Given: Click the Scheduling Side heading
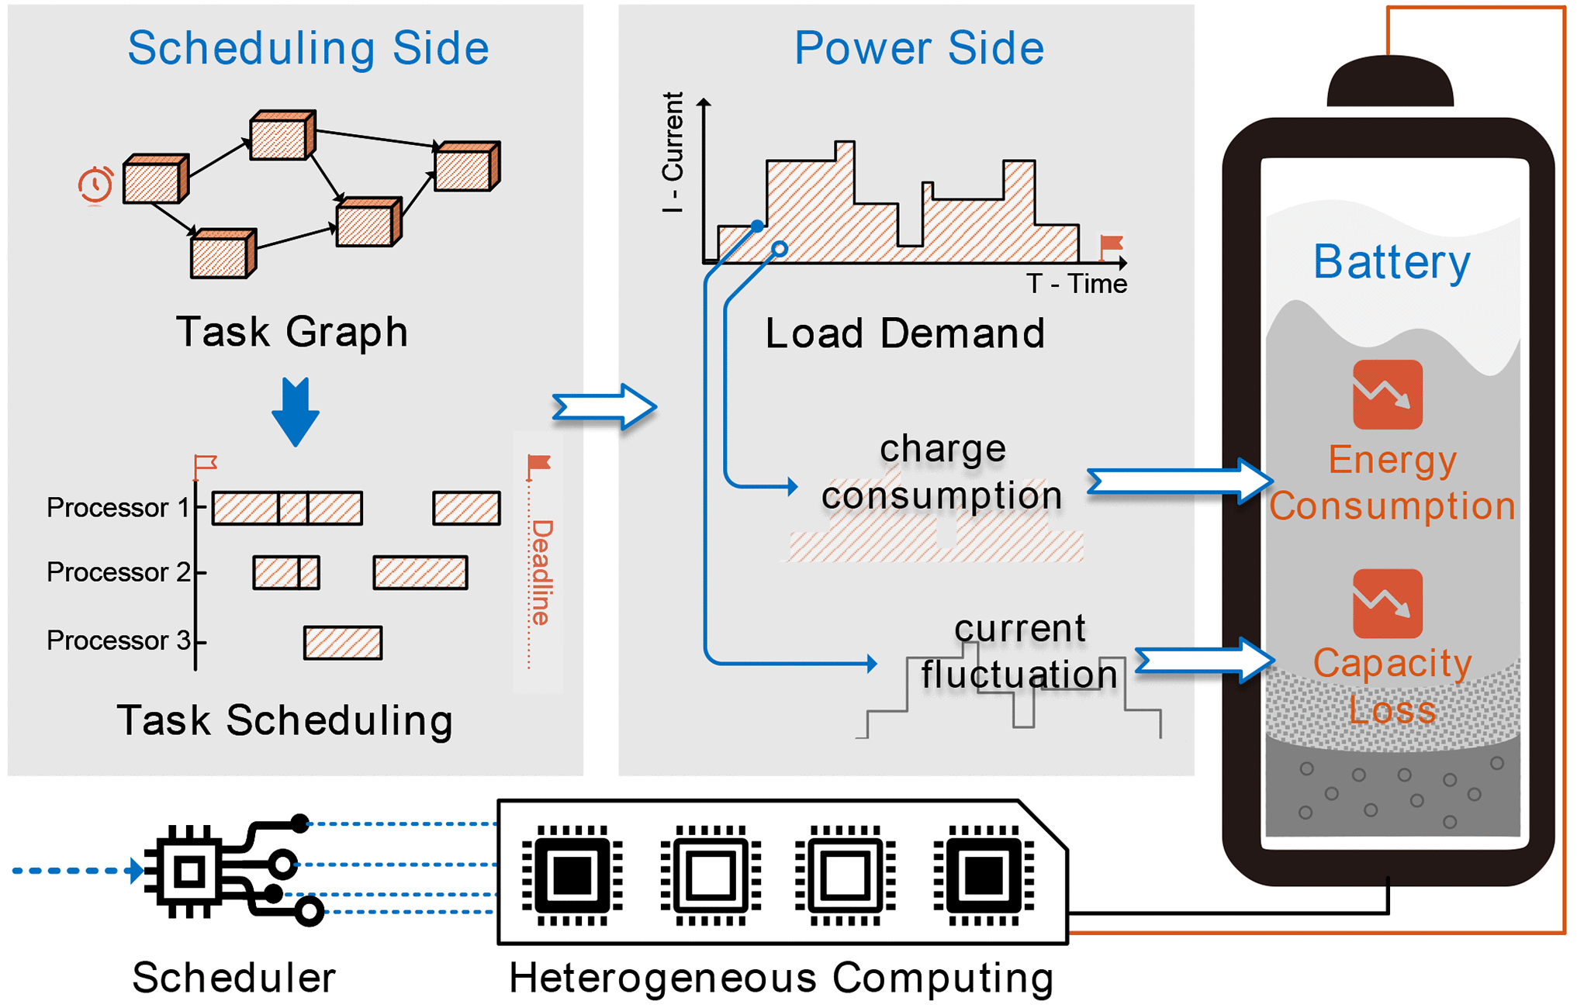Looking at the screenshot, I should point(308,48).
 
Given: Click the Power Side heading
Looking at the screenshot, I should point(918,48).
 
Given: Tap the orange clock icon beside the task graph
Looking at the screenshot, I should point(95,185).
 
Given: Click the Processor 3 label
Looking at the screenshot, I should point(118,640).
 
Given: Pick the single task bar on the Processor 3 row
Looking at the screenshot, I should point(343,643).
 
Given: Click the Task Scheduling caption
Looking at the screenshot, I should point(285,720).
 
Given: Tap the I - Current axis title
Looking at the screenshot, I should point(673,153).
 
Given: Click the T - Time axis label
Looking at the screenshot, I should point(1076,284).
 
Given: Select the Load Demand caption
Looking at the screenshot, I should point(904,333).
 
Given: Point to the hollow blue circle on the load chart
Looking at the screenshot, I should point(780,249).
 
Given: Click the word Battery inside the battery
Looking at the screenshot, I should point(1391,262).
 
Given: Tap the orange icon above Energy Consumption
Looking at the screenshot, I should point(1387,395).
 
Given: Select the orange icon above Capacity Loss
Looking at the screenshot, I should point(1387,604).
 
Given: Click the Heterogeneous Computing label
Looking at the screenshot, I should point(781,978).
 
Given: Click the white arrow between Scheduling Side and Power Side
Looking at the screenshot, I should point(604,406).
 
